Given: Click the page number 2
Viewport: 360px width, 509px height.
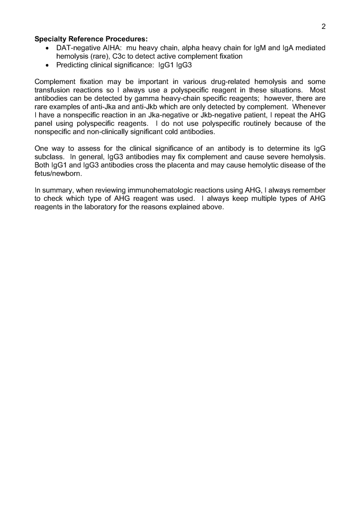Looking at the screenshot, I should [323, 27].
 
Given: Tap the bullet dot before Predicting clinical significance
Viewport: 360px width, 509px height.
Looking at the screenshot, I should [47, 66].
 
